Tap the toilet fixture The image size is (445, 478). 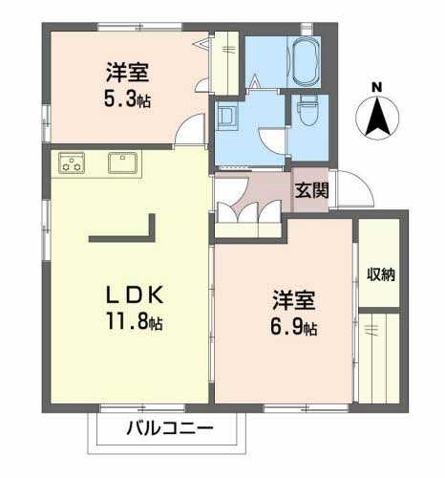(x=307, y=111)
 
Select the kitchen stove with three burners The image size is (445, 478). (x=72, y=163)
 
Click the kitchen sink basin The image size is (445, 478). (x=122, y=163)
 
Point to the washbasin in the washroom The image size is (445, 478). (x=227, y=116)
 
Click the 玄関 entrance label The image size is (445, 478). (x=311, y=190)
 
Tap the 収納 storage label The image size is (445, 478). (x=381, y=274)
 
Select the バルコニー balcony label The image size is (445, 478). (x=170, y=428)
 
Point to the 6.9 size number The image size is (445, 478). (x=286, y=327)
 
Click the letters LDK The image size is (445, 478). (x=135, y=295)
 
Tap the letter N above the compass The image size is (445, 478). (x=377, y=87)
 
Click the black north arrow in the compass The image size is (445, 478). (x=377, y=117)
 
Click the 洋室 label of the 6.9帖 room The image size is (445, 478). (x=294, y=300)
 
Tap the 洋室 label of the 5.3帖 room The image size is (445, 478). (x=127, y=73)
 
